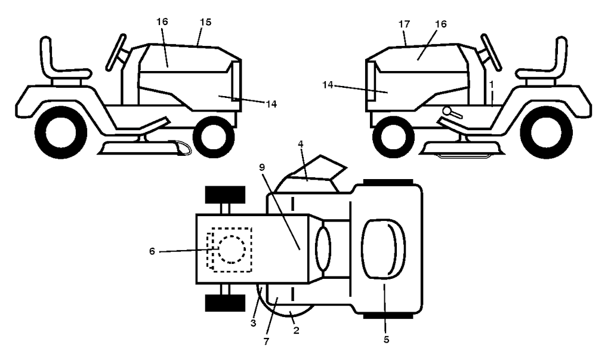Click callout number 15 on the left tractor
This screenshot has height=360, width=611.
coord(205,22)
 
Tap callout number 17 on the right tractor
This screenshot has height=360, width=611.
coord(405,24)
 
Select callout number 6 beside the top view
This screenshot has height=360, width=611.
coord(152,251)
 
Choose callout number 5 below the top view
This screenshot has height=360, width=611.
coord(386,340)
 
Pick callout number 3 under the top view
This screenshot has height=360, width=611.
coord(253,324)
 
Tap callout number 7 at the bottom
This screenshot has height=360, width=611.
coord(266,341)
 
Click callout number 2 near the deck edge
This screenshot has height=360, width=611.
coord(296,330)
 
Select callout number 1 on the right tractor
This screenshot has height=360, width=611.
coord(492,84)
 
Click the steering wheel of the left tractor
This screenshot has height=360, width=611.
coord(116,53)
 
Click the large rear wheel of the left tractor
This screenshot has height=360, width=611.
coord(61,133)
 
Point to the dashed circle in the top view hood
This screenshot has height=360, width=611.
coord(232,249)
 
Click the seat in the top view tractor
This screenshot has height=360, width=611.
coord(384,248)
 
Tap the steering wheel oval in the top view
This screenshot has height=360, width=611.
coord(323,249)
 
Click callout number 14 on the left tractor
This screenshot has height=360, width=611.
coord(271,104)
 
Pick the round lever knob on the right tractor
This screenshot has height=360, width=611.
coord(446,111)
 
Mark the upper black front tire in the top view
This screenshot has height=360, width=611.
coord(225,195)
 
